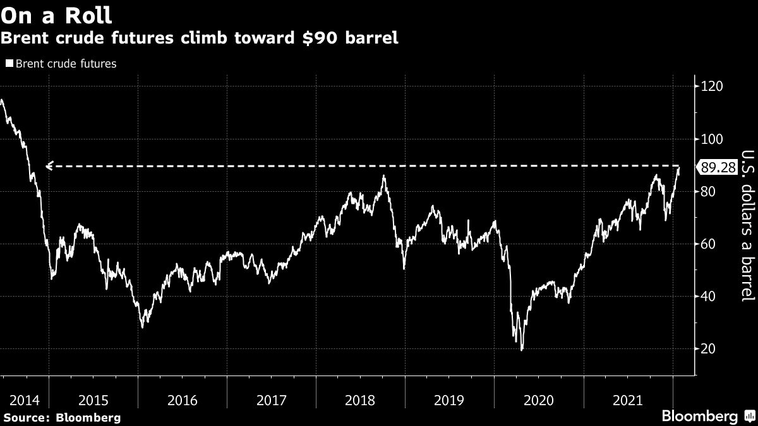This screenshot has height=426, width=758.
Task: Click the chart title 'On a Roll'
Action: pyautogui.click(x=56, y=14)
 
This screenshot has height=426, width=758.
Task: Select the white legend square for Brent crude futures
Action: pyautogui.click(x=9, y=64)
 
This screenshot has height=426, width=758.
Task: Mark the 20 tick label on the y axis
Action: pyautogui.click(x=708, y=348)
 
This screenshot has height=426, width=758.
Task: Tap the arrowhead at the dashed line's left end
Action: pyautogui.click(x=49, y=166)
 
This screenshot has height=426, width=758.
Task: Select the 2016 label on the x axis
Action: pyautogui.click(x=183, y=400)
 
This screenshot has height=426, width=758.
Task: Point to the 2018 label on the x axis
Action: pyautogui.click(x=361, y=400)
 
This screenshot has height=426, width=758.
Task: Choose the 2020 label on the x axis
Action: pyautogui.click(x=539, y=400)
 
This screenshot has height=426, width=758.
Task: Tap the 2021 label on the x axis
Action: pyautogui.click(x=628, y=400)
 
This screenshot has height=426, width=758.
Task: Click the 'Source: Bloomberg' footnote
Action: pyautogui.click(x=61, y=417)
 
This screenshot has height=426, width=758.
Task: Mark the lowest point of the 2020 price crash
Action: pyautogui.click(x=522, y=350)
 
